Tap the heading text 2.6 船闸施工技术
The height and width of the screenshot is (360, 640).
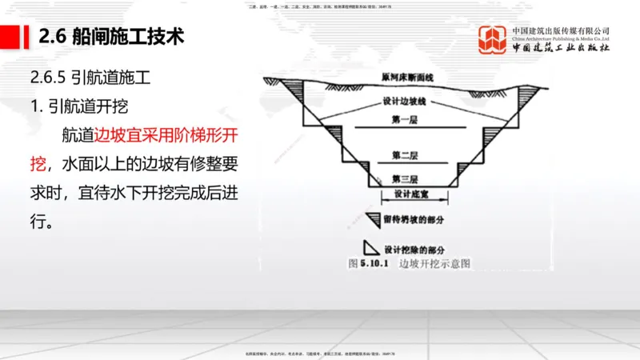(x=111, y=37)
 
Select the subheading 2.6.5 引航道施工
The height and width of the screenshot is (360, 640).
(x=89, y=79)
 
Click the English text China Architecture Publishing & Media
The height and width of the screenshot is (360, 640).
(x=560, y=37)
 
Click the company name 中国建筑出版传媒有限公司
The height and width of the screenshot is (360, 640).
(x=560, y=29)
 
